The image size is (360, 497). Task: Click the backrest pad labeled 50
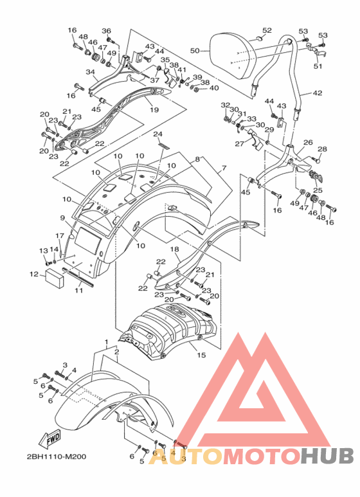point(233,56)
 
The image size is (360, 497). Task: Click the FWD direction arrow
point(49,439)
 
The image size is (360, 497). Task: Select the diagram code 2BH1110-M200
point(57,456)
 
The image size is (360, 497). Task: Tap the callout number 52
point(267,30)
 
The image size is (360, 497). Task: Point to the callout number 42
point(318,93)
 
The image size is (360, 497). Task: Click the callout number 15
point(201,355)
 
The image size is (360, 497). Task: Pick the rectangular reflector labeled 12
point(55,278)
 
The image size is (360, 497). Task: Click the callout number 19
point(154,110)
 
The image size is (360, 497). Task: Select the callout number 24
point(157,134)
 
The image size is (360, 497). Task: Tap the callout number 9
point(62,218)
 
